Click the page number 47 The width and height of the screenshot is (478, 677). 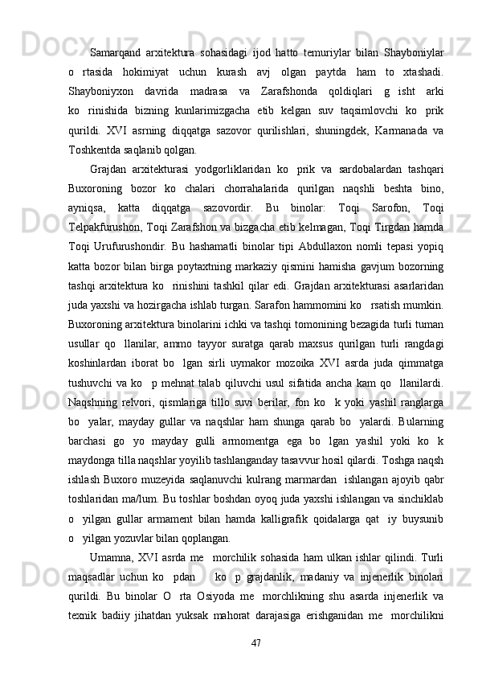(x=257, y=642)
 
